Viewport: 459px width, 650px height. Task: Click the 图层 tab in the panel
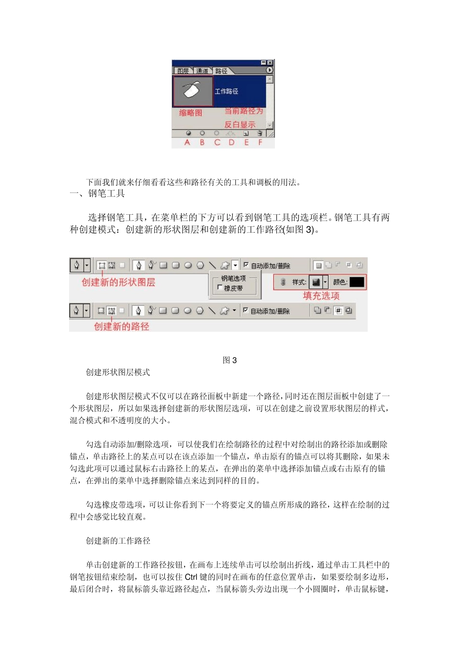pos(183,71)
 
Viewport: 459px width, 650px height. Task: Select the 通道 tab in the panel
pos(202,71)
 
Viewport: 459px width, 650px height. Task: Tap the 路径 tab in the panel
pos(221,71)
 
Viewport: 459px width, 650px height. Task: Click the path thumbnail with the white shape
pos(192,91)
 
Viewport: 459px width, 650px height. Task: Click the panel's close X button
pos(270,63)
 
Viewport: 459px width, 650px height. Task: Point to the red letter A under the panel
pos(187,143)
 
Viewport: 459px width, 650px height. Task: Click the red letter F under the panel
pos(260,143)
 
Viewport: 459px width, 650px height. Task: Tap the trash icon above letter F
pos(259,133)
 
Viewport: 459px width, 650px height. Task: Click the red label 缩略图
pos(190,113)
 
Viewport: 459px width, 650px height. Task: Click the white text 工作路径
pos(226,91)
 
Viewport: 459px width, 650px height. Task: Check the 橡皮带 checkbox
pos(220,288)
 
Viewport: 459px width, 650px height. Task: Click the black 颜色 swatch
pos(357,282)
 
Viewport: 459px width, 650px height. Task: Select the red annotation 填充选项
pos(321,295)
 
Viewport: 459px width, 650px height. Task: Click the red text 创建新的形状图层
pos(118,282)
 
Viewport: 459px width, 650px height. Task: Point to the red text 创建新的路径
pos(122,326)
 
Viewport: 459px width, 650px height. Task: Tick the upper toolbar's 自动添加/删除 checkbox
pos(246,265)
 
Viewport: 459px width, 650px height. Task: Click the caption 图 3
pos(229,360)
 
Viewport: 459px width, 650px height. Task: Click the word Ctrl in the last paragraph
pos(191,577)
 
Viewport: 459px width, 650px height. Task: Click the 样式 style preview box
pos(316,282)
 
